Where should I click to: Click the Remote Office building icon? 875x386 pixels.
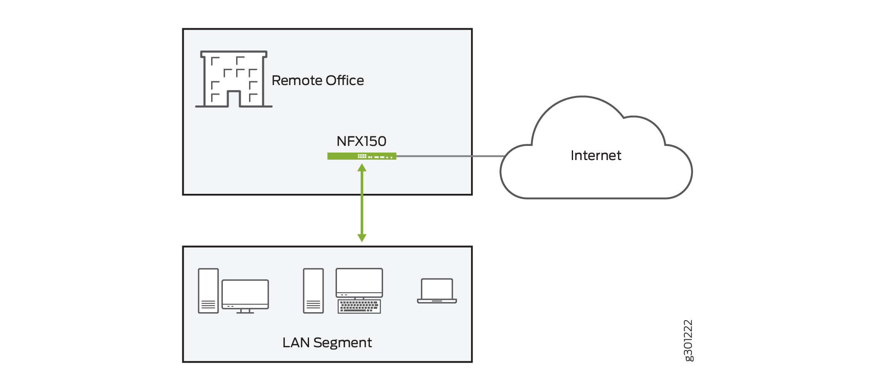[233, 79]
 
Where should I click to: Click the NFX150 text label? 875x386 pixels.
[361, 141]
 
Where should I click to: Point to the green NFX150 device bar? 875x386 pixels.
[342, 156]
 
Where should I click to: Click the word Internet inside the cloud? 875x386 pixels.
[596, 155]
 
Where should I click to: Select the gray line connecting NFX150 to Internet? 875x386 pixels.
[450, 156]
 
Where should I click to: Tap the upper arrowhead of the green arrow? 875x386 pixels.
[362, 168]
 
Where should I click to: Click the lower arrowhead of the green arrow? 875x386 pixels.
[362, 238]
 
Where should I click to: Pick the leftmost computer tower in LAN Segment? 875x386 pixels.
[208, 291]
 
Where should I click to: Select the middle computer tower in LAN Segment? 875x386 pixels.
[313, 291]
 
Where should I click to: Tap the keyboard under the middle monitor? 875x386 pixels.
[359, 306]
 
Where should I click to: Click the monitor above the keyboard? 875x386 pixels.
[359, 282]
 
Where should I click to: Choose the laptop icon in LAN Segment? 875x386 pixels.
[437, 291]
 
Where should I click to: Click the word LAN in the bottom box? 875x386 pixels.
[296, 343]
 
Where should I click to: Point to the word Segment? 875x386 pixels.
[342, 343]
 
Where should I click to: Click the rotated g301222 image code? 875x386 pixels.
[688, 341]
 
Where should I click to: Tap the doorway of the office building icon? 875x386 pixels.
[234, 99]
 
